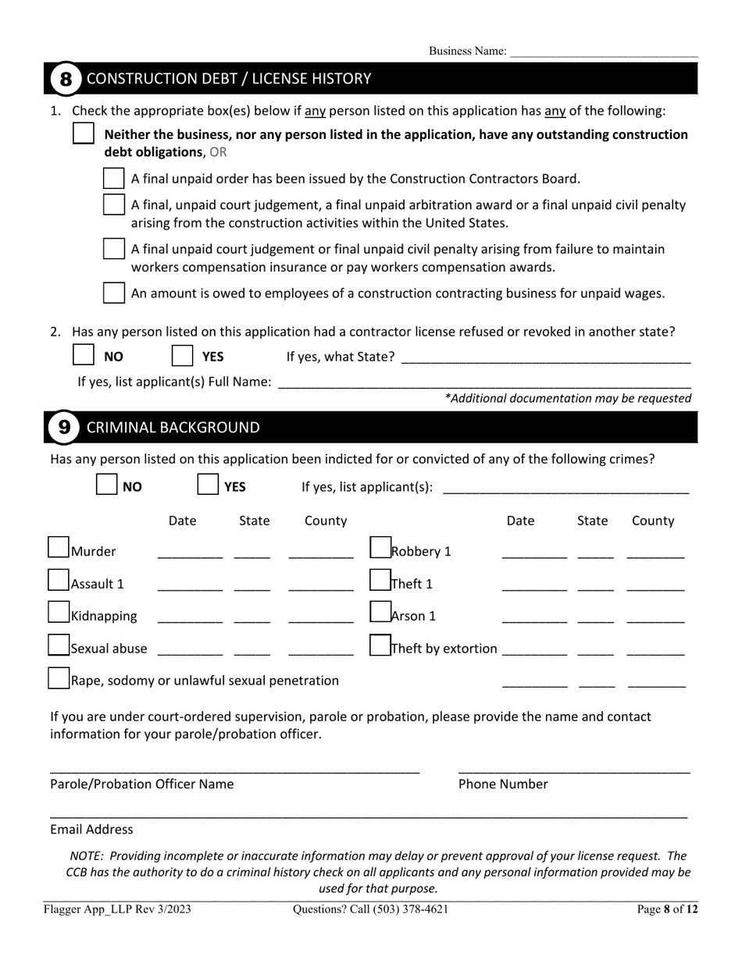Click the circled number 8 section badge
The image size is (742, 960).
[66, 79]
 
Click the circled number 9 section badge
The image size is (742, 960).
[64, 428]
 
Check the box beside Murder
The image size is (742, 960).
[59, 548]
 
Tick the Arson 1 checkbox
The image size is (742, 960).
[380, 612]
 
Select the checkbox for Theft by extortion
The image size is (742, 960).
[380, 645]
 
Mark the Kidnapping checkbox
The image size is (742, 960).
[59, 613]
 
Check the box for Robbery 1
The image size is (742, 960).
[380, 548]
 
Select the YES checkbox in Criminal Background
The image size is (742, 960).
[208, 485]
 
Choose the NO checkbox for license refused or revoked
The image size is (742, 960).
[84, 355]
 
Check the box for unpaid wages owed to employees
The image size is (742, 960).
[114, 293]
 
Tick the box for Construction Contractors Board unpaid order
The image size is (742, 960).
[114, 178]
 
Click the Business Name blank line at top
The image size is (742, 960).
[604, 52]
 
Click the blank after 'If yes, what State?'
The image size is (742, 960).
[546, 357]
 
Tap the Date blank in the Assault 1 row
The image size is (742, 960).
[190, 585]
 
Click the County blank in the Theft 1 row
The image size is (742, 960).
[655, 585]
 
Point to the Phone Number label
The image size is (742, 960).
[503, 784]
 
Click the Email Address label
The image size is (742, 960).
[91, 830]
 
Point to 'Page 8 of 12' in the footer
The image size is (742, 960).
[667, 909]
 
